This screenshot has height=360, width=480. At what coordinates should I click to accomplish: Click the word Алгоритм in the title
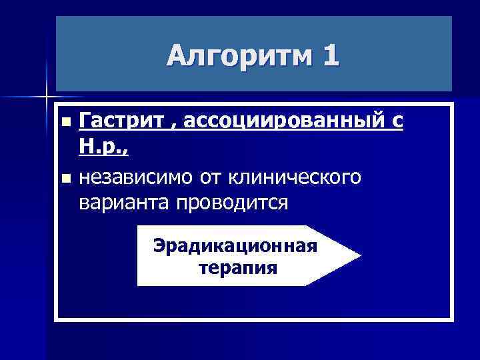click(x=239, y=56)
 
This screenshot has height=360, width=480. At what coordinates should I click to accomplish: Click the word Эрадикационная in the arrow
click(x=235, y=245)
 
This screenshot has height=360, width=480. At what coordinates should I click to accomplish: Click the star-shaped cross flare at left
click(x=47, y=96)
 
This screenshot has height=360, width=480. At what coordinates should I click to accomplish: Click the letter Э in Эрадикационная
click(x=159, y=245)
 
